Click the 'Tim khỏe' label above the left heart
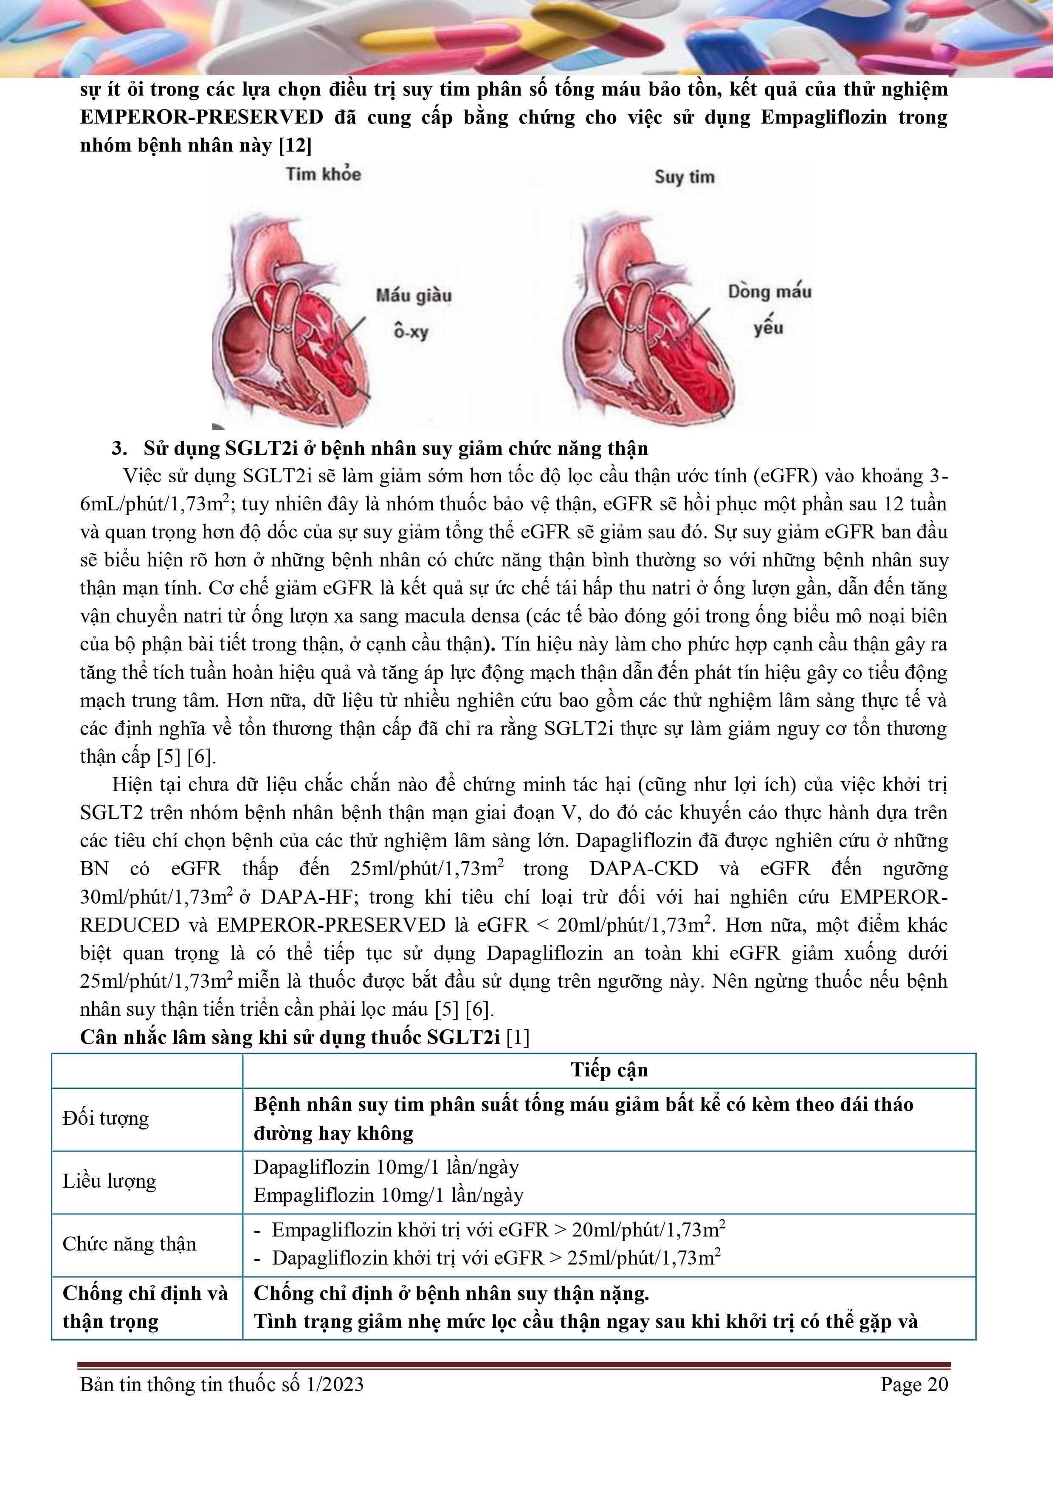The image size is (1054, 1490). click(x=323, y=174)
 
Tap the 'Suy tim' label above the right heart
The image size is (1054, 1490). click(x=684, y=177)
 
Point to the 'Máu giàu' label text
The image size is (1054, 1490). click(x=414, y=296)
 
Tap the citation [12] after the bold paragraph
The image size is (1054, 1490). click(x=295, y=145)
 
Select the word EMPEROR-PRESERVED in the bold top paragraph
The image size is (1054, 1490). click(x=202, y=118)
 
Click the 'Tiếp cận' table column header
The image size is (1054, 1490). click(x=609, y=1070)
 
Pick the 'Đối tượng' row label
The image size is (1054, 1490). click(x=106, y=1118)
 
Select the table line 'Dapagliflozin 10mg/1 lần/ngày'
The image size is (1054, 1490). click(x=386, y=1167)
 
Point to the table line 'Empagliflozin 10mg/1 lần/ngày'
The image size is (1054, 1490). click(x=388, y=1195)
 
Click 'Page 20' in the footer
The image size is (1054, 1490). click(x=914, y=1384)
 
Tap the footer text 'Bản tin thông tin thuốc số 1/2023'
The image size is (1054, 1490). click(x=221, y=1384)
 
